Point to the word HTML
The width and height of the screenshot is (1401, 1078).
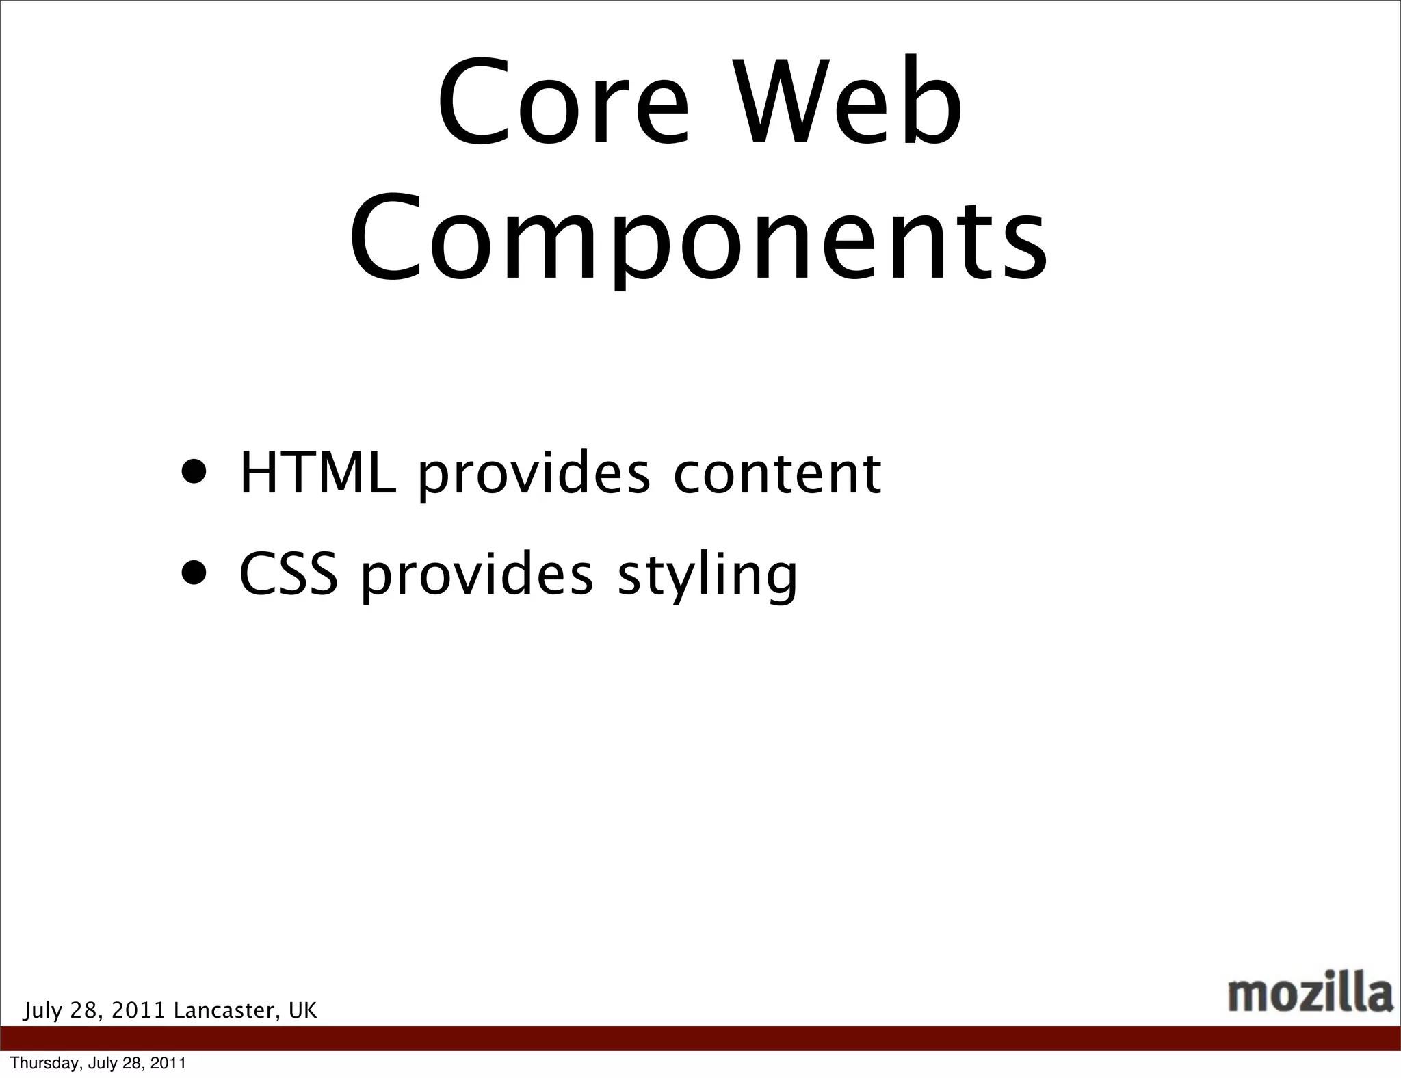point(317,473)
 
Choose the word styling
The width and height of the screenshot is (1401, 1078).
point(707,576)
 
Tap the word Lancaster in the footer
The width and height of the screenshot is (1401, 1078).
point(226,1010)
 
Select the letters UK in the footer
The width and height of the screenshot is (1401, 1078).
point(303,1010)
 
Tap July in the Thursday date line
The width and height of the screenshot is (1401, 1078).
point(101,1063)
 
